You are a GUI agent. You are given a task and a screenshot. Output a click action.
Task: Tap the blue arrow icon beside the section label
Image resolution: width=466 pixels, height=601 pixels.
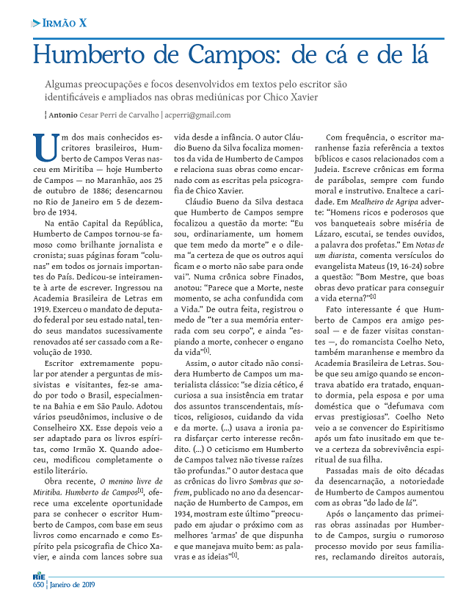36,24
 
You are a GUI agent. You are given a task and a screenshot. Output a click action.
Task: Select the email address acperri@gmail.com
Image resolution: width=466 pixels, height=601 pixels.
199,115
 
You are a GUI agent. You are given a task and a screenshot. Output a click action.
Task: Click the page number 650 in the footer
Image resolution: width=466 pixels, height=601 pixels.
38,586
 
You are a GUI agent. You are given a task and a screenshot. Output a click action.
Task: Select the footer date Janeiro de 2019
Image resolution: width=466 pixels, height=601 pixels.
73,586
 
